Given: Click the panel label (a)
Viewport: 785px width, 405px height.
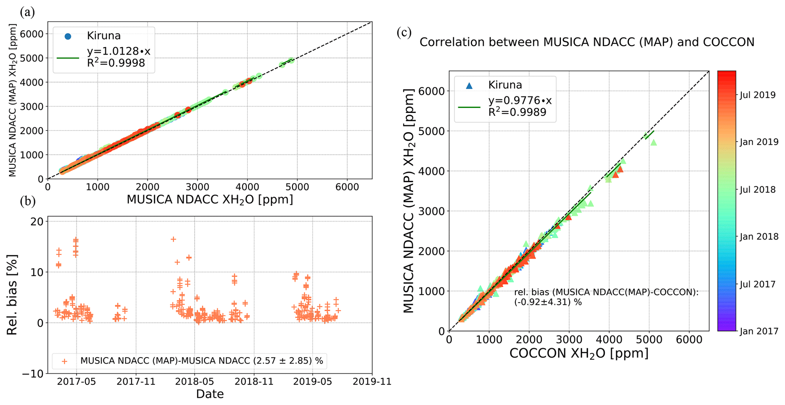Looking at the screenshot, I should coord(27,13).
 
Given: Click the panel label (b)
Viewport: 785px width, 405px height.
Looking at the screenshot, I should coord(27,201).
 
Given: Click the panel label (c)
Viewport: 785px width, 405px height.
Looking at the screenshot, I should coord(404,32).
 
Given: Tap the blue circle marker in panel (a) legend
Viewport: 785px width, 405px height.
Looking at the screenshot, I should coord(68,36).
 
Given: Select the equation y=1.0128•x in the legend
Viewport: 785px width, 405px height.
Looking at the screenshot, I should coord(118,51).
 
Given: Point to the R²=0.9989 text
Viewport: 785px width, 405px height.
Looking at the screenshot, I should coord(517,112).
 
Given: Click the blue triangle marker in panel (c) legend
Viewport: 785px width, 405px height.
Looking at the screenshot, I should coord(469,85).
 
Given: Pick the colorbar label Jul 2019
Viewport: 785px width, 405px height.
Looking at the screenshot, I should coord(758,95).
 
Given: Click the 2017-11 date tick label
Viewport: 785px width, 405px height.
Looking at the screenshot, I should coord(136,381).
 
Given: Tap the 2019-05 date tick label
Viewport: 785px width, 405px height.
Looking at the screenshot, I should coord(313,381).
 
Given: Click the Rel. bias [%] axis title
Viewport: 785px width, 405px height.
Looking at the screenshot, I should coord(12,295).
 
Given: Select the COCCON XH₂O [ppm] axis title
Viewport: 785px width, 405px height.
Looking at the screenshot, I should coord(579,353).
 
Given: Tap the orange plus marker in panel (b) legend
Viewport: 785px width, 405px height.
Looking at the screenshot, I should coord(65,361).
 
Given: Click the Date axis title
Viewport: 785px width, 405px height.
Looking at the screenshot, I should coord(210,394).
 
